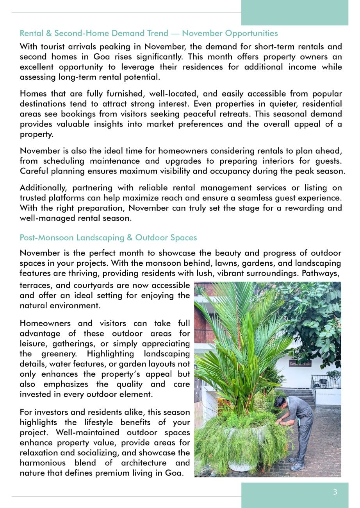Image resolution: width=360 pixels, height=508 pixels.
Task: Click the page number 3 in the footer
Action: click(335, 492)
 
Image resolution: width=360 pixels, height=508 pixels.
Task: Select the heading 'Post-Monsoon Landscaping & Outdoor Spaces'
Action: click(108, 238)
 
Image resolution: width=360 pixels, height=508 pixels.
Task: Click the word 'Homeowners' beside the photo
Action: click(45, 324)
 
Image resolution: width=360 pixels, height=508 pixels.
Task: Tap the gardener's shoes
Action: click(298, 466)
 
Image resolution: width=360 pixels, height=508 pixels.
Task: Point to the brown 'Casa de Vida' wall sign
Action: click(300, 364)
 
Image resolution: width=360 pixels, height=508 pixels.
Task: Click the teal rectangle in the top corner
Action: click(294, 13)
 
